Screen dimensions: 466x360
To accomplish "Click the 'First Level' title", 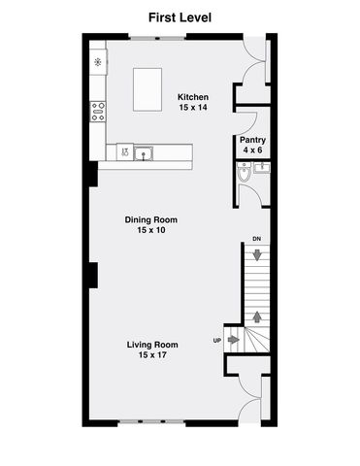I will (x=180, y=17).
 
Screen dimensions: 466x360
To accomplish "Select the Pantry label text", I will (x=253, y=140).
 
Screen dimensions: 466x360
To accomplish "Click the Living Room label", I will (x=153, y=345).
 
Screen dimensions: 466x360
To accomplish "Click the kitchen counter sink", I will (x=145, y=151).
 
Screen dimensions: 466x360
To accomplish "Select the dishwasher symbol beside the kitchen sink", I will (x=124, y=151).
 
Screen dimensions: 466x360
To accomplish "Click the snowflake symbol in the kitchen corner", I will (x=98, y=62).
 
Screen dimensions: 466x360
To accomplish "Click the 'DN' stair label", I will (x=256, y=239).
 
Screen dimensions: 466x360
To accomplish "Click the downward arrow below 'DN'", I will (x=256, y=254).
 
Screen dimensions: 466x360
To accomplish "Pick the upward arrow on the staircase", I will (x=256, y=315).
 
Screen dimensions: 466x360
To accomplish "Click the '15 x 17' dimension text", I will (x=153, y=355).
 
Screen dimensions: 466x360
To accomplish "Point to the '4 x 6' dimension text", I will (x=253, y=150).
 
